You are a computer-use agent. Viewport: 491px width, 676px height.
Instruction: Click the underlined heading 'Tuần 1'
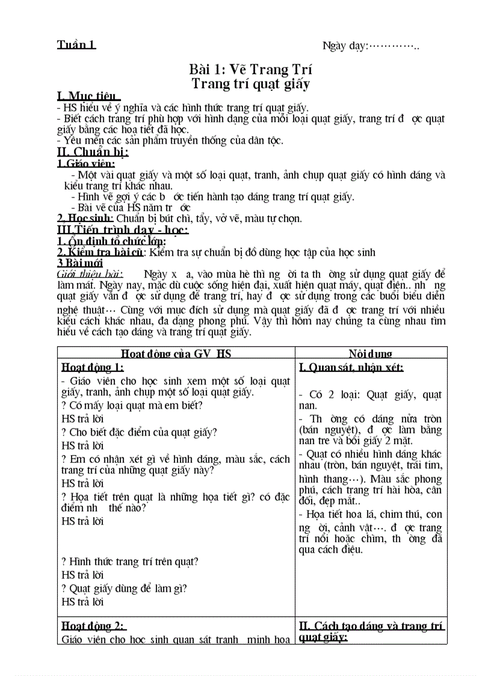tap(76, 45)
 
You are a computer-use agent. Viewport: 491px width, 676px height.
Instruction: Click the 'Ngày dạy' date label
tap(345, 46)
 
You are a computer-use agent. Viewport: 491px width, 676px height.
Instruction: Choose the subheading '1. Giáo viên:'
tap(84, 163)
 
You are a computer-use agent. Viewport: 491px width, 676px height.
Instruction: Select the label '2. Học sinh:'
tap(85, 219)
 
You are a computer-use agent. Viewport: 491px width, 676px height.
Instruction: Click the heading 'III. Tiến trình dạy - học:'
tap(123, 230)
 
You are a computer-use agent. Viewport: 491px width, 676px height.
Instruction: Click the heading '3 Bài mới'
tap(80, 263)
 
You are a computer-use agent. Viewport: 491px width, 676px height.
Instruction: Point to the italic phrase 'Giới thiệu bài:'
tap(90, 274)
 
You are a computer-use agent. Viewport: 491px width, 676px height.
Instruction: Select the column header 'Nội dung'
tap(371, 354)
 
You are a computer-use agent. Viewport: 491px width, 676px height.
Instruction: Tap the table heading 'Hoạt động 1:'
tap(93, 367)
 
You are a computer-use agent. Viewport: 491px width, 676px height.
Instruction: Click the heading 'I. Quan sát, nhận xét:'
tap(351, 367)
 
